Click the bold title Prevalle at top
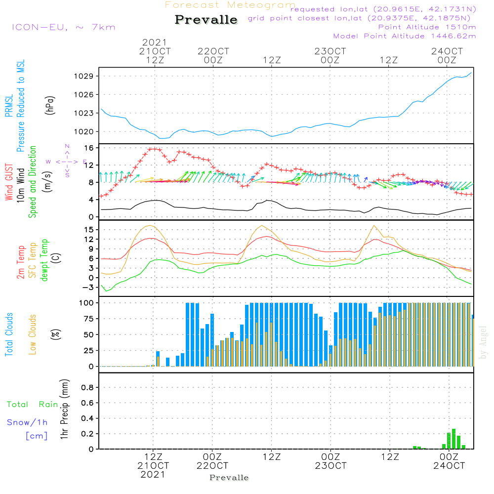(x=206, y=20)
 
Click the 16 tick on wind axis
(x=89, y=148)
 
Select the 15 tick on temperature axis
(x=89, y=230)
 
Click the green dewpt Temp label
(x=44, y=260)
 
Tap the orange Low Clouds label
(x=33, y=334)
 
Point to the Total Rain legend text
(x=32, y=405)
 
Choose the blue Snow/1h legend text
(x=27, y=422)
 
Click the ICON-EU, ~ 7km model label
(x=63, y=27)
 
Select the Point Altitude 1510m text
(x=427, y=27)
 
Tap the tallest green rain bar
(x=453, y=439)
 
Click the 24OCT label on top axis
(x=447, y=51)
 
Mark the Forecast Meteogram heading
(x=230, y=5)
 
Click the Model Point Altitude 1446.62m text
(x=405, y=36)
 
